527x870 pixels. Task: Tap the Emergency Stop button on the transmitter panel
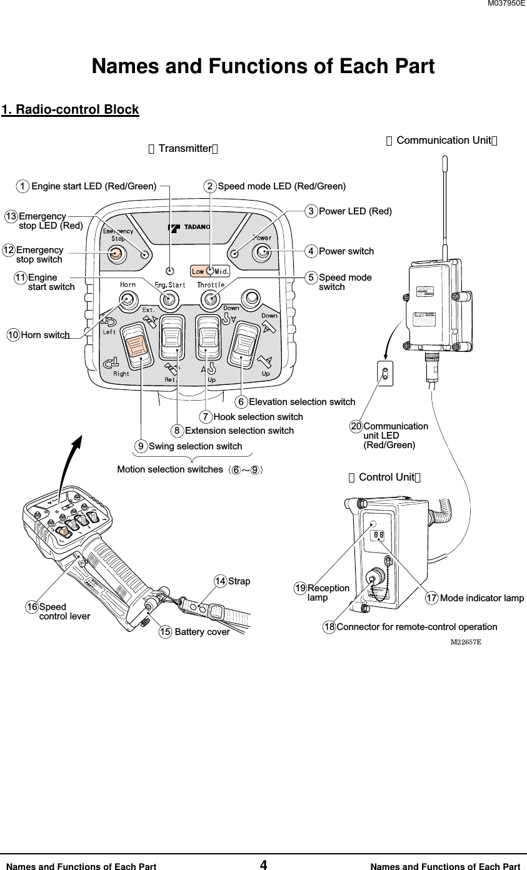tap(116, 253)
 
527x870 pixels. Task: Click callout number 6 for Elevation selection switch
tap(241, 401)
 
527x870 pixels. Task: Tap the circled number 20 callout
tap(356, 426)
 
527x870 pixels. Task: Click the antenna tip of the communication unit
tap(444, 161)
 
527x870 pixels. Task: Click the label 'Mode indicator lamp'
tap(481, 599)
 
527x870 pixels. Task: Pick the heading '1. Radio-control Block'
tap(70, 110)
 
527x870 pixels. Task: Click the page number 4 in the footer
tap(263, 865)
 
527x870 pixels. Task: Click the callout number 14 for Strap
tap(221, 581)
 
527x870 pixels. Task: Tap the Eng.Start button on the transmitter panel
tap(169, 300)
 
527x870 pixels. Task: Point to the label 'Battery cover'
tap(202, 632)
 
